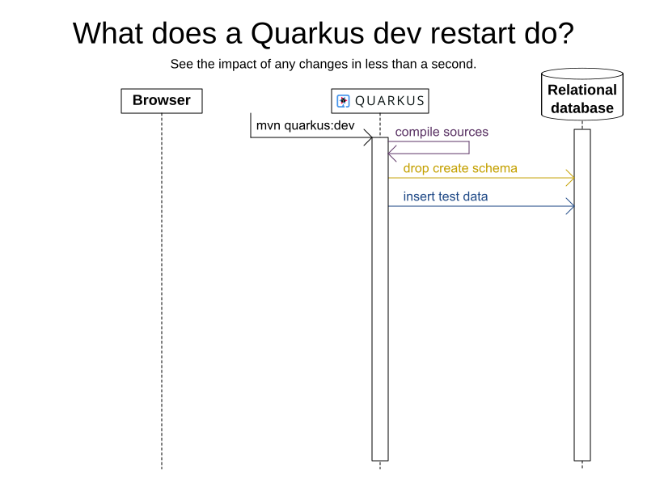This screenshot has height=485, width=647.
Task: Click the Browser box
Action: click(162, 100)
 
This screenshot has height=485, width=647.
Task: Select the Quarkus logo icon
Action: click(343, 101)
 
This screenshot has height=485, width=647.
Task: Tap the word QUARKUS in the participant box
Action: click(390, 101)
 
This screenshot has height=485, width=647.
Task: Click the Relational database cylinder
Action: click(582, 95)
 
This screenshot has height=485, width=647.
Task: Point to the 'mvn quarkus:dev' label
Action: click(306, 125)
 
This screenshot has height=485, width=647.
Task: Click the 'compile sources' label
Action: click(442, 132)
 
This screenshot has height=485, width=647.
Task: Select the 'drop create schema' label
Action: click(460, 168)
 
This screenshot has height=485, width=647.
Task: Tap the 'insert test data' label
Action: click(446, 196)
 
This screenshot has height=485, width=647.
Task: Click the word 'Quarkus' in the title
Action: click(307, 33)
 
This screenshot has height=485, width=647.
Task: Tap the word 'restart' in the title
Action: click(474, 33)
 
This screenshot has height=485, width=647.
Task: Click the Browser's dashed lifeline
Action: click(162, 291)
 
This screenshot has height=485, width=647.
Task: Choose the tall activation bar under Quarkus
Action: click(380, 299)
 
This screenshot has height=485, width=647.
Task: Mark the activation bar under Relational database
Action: click(582, 295)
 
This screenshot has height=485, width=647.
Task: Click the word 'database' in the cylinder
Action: click(582, 108)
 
